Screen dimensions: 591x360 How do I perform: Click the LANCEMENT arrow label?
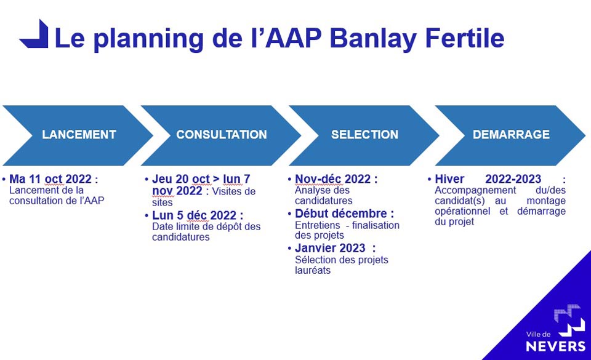pyautogui.click(x=79, y=134)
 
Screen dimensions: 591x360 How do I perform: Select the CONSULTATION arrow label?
pyautogui.click(x=222, y=134)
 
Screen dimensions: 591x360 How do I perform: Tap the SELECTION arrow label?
pyautogui.click(x=364, y=134)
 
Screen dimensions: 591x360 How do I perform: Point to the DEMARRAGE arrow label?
pyautogui.click(x=511, y=134)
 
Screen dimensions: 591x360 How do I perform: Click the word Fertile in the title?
pyautogui.click(x=465, y=38)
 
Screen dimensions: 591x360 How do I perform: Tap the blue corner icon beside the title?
pyautogui.click(x=34, y=34)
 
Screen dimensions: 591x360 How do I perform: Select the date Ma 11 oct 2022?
pyautogui.click(x=50, y=179)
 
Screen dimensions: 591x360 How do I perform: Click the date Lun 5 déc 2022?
pyautogui.click(x=194, y=215)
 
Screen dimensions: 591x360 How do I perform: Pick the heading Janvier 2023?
pyautogui.click(x=330, y=248)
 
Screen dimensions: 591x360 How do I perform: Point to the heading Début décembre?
pyautogui.click(x=340, y=214)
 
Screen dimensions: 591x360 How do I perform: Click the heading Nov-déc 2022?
pyautogui.click(x=333, y=179)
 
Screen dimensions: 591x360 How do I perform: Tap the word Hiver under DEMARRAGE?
pyautogui.click(x=449, y=179)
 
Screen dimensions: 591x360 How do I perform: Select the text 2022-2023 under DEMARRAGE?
pyautogui.click(x=513, y=179)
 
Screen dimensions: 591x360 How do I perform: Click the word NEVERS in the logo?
pyautogui.click(x=555, y=346)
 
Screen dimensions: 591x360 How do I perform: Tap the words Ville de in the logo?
pyautogui.click(x=538, y=334)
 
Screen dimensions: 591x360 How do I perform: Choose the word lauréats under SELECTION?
pyautogui.click(x=313, y=270)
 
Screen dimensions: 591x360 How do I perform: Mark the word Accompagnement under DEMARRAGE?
pyautogui.click(x=475, y=191)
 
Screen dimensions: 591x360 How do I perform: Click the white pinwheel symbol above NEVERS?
pyautogui.click(x=569, y=320)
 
